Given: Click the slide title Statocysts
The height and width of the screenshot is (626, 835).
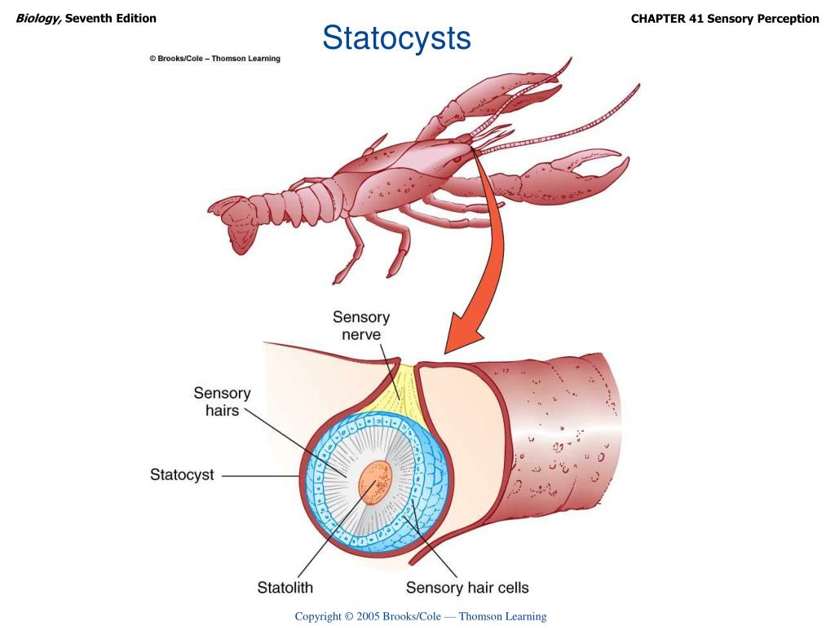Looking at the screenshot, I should pyautogui.click(x=396, y=37).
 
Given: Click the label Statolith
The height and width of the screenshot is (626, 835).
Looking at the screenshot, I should pyautogui.click(x=285, y=587).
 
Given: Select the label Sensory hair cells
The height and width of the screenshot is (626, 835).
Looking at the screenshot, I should pyautogui.click(x=467, y=587).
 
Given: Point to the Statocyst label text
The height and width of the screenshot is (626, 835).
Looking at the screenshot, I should pyautogui.click(x=182, y=474).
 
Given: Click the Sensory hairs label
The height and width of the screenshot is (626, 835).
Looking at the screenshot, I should pyautogui.click(x=222, y=402).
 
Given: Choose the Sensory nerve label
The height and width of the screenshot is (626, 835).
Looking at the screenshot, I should pyautogui.click(x=361, y=325).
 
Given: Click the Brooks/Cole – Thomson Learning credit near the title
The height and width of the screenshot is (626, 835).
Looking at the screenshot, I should pyautogui.click(x=214, y=59).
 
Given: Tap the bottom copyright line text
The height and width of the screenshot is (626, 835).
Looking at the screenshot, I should pyautogui.click(x=420, y=616).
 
